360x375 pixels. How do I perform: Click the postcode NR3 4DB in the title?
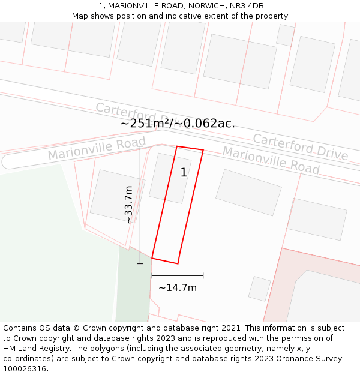pyautogui.click(x=247, y=6)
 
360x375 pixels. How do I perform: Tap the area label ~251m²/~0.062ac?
pyautogui.click(x=178, y=124)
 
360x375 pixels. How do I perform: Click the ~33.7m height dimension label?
pyautogui.click(x=128, y=205)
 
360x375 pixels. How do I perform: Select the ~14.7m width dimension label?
pyautogui.click(x=178, y=288)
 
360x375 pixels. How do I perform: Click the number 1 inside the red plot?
pyautogui.click(x=184, y=173)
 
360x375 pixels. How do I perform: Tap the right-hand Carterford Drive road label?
pyautogui.click(x=300, y=147)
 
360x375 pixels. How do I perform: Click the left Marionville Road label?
pyautogui.click(x=97, y=149)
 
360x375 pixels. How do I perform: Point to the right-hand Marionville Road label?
pyautogui.click(x=271, y=160)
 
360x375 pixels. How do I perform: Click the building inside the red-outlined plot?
pyautogui.click(x=170, y=178)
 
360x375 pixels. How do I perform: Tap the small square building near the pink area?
pyautogui.click(x=260, y=289)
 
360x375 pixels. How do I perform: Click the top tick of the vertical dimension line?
pyautogui.click(x=140, y=146)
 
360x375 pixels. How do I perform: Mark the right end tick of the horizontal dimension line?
pyautogui.click(x=203, y=275)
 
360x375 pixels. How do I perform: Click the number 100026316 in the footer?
pyautogui.click(x=26, y=369)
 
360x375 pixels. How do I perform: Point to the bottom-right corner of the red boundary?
pyautogui.click(x=178, y=263)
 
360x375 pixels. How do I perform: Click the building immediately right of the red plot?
pyautogui.click(x=248, y=192)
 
